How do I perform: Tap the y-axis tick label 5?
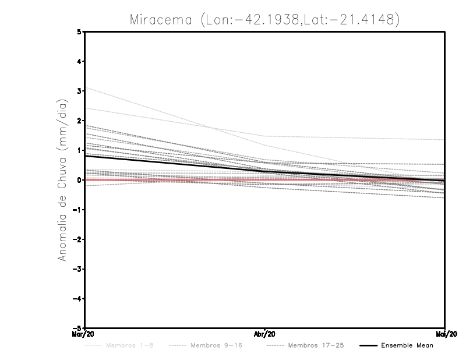tap(79, 32)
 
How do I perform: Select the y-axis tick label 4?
tap(79, 62)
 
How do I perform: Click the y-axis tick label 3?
tap(79, 91)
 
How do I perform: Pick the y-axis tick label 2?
tap(79, 121)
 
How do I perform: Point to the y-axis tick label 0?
tap(79, 180)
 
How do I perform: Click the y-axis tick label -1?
tap(78, 210)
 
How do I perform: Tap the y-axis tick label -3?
tap(78, 269)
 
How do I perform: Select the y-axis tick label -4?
tap(78, 298)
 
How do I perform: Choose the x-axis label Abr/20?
tap(265, 334)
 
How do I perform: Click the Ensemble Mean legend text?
tap(407, 345)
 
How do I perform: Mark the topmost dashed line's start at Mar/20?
tap(85, 87)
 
